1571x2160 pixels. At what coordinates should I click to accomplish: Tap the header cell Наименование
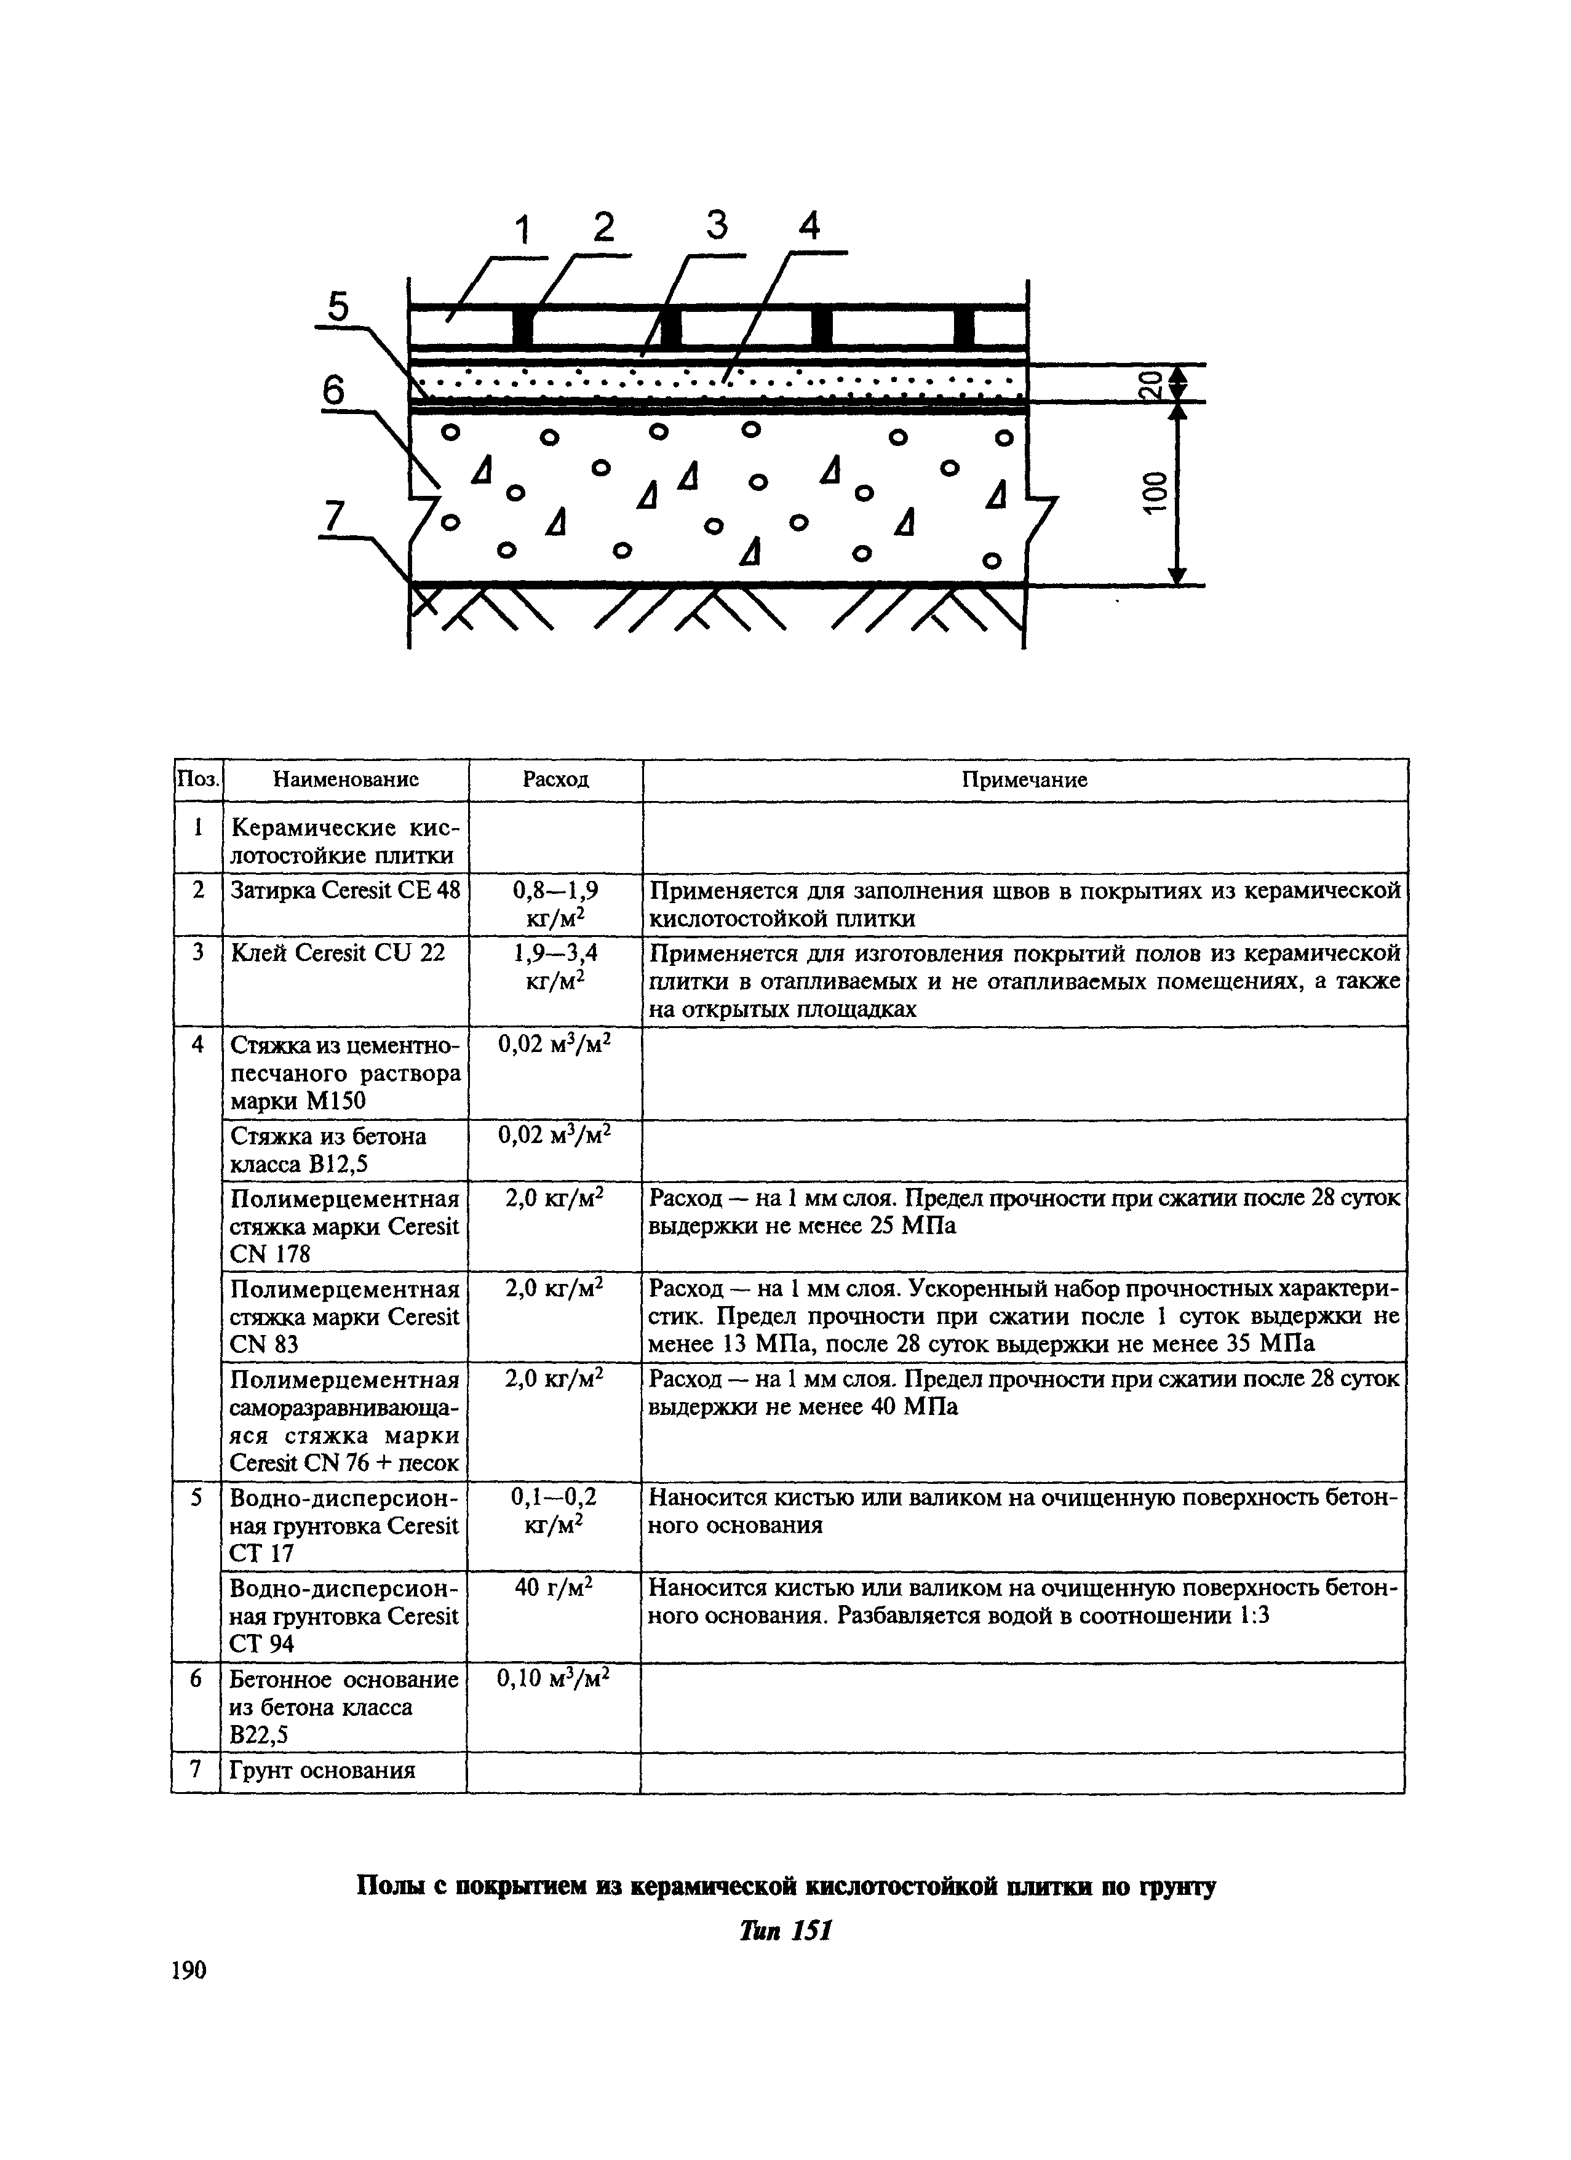point(346,780)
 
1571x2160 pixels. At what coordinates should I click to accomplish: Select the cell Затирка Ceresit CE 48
point(344,890)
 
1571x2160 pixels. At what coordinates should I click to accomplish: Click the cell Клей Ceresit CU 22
point(338,952)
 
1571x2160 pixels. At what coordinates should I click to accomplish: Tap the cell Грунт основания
point(324,1771)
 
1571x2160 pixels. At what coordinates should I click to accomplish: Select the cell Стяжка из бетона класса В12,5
point(328,1150)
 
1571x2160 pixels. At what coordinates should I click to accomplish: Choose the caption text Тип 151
point(787,1931)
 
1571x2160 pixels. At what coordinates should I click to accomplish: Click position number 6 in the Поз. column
point(196,1679)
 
